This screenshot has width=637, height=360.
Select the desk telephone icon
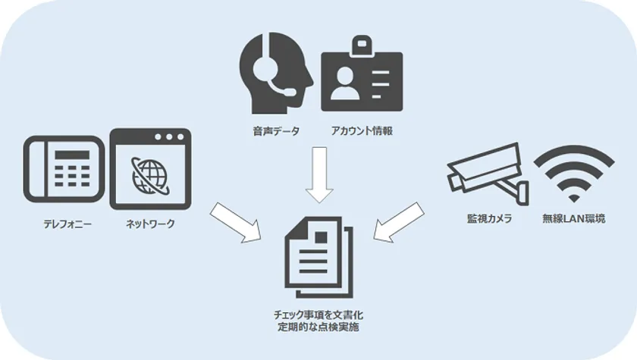click(x=64, y=169)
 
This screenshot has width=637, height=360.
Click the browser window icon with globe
click(x=150, y=169)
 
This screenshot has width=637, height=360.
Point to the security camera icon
click(x=488, y=174)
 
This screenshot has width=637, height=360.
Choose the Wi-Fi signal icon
click(x=573, y=174)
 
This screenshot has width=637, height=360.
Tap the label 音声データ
click(x=276, y=131)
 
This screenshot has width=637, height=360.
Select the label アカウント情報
click(x=362, y=130)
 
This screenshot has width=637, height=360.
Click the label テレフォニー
click(x=67, y=224)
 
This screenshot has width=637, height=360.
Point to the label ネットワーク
click(x=150, y=224)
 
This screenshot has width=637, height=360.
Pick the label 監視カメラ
click(x=489, y=219)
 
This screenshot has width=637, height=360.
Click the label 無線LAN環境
click(x=573, y=219)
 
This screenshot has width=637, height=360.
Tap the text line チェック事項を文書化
click(x=318, y=315)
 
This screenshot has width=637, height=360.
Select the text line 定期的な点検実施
click(x=318, y=327)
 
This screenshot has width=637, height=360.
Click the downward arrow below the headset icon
click(x=319, y=174)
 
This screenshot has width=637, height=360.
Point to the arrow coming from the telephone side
click(x=237, y=222)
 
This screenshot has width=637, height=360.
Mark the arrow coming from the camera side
click(x=398, y=222)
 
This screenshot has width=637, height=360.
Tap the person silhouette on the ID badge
click(x=345, y=83)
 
